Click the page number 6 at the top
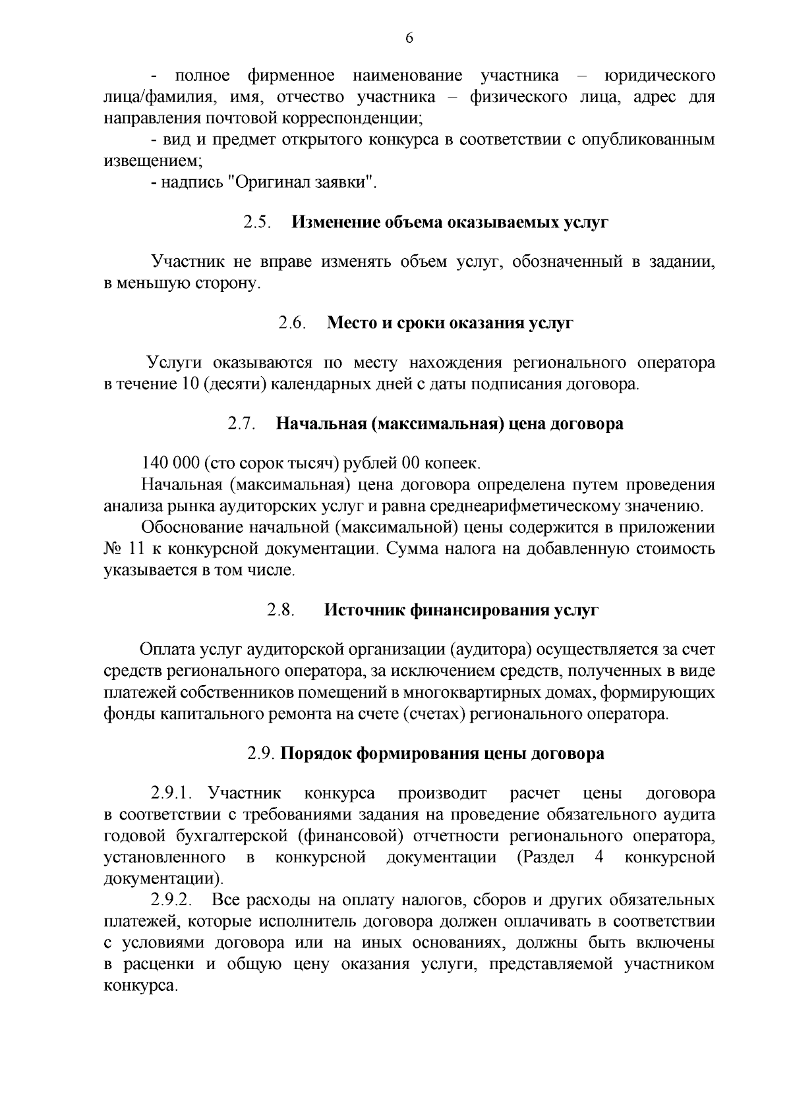tap(409, 38)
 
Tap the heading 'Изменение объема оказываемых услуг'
tap(450, 222)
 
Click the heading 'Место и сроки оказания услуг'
tap(450, 323)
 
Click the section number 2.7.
tap(242, 423)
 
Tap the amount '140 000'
tap(171, 463)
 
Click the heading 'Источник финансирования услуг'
tap(461, 610)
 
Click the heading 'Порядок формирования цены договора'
tap(442, 754)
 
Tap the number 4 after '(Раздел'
tap(599, 858)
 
